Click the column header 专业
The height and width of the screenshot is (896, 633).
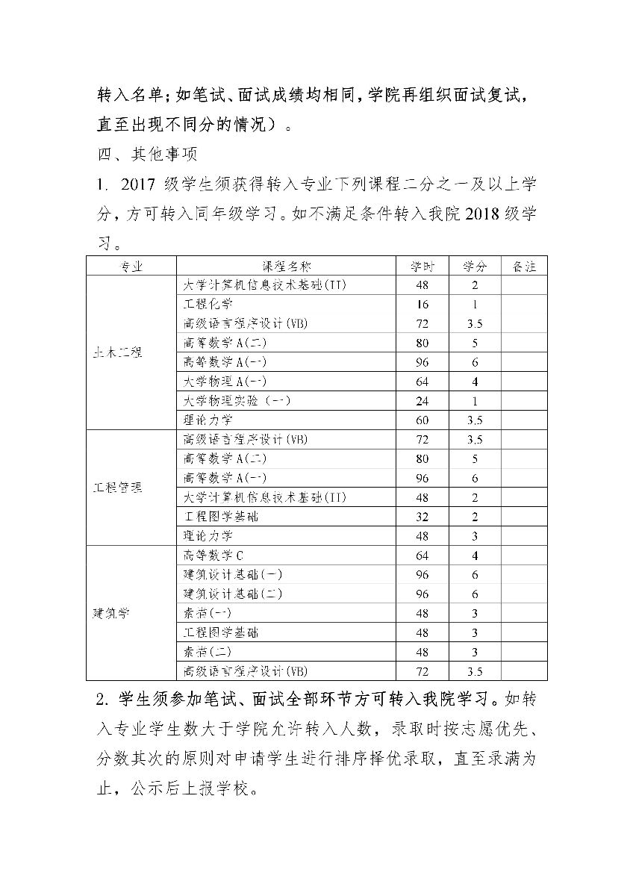coord(131,267)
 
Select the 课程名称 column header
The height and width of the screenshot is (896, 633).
coord(286,267)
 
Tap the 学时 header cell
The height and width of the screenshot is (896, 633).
coord(422,267)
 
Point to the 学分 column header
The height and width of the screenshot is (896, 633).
coord(475,267)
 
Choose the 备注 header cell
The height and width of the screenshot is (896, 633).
coord(524,267)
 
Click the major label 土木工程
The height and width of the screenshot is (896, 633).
coord(117,352)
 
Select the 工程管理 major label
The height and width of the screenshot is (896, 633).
coord(117,488)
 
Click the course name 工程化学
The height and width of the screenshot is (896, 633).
coord(208,304)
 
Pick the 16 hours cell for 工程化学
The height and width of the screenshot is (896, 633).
coord(422,305)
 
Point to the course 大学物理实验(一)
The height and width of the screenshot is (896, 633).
coord(237,401)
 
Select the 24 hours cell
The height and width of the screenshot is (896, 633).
coord(422,401)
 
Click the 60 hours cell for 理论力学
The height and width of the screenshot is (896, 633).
coord(422,420)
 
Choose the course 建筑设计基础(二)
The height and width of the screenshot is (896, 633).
coord(233,594)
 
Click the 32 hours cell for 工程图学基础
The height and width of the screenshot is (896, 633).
coord(422,517)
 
